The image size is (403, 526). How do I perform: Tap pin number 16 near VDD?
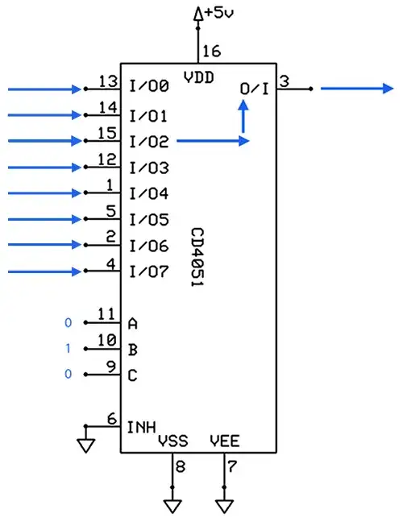pyautogui.click(x=210, y=52)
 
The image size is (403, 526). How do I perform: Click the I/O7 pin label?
pyautogui.click(x=149, y=271)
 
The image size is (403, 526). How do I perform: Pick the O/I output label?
pyautogui.click(x=256, y=88)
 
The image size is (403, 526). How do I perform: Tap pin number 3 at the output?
pyautogui.click(x=285, y=81)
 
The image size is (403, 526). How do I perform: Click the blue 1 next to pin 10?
pyautogui.click(x=68, y=350)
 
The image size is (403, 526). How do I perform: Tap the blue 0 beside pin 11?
pyautogui.click(x=68, y=324)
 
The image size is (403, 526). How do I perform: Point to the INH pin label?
pyautogui.click(x=142, y=425)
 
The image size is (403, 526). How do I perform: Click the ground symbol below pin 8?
pyautogui.click(x=172, y=506)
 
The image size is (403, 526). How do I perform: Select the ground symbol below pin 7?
pyautogui.click(x=224, y=506)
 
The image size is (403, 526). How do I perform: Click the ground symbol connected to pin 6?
pyautogui.click(x=84, y=443)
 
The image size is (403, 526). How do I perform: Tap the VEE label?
pyautogui.click(x=224, y=441)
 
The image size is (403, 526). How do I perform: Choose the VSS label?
pyautogui.click(x=172, y=441)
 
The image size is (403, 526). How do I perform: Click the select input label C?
pyautogui.click(x=133, y=375)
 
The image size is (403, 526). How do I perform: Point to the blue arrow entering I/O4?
pyautogui.click(x=44, y=193)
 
